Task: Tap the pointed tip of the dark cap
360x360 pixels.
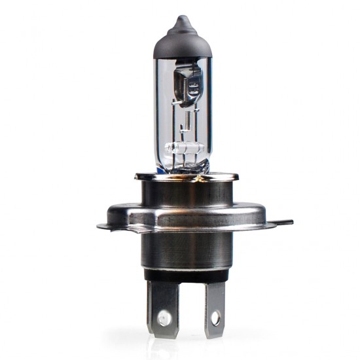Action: [182, 18]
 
